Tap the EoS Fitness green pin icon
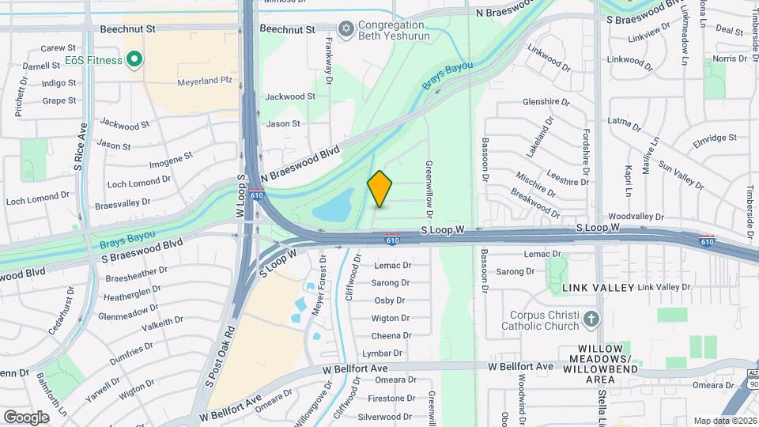point(134,59)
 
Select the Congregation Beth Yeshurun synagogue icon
point(345,29)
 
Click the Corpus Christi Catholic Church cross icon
point(591,318)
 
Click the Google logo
point(26,417)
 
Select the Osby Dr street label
point(390,300)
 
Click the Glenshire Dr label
point(546,102)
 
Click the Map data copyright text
point(725,421)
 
